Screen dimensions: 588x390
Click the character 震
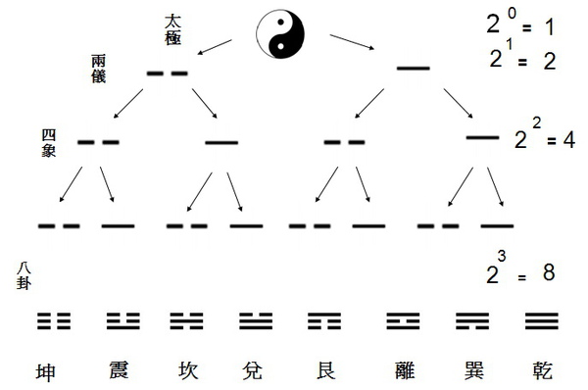pos(122,370)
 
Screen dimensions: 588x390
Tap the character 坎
pos(186,370)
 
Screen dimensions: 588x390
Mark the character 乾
pos(541,370)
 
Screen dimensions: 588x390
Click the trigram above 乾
pos(542,320)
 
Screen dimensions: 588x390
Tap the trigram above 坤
pos(54,320)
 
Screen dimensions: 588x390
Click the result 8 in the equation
pos(549,274)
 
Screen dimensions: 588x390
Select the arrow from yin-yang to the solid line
pos(355,45)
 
